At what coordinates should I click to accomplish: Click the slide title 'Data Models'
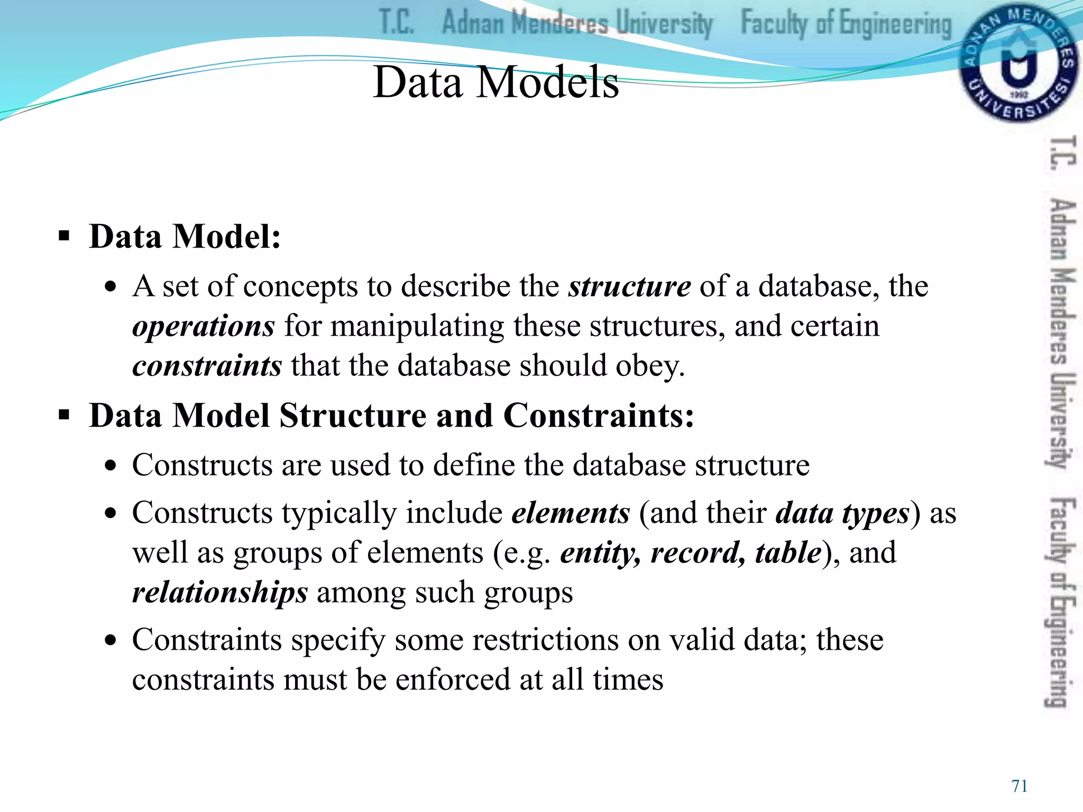(x=495, y=82)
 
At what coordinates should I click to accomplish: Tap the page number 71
(x=1019, y=786)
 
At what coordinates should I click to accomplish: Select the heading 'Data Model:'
(x=185, y=236)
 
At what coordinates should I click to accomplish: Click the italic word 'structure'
(x=629, y=287)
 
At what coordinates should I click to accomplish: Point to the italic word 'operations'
(x=203, y=326)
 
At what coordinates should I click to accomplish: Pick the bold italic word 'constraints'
(x=207, y=366)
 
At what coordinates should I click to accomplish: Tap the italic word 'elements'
(x=571, y=513)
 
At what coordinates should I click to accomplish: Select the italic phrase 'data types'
(x=842, y=513)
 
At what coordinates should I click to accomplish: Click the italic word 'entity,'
(x=600, y=553)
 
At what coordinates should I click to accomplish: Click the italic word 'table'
(x=788, y=553)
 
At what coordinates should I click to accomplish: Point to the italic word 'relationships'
(x=219, y=593)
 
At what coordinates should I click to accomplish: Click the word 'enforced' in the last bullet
(x=453, y=680)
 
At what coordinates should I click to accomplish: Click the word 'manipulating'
(x=417, y=326)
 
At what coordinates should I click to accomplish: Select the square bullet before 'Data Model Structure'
(x=64, y=416)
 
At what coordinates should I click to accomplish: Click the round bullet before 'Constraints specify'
(x=110, y=641)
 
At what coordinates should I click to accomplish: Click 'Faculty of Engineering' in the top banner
(x=846, y=24)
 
